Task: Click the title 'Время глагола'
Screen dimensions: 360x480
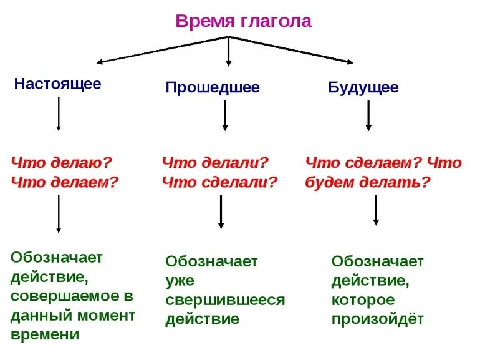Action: point(243,21)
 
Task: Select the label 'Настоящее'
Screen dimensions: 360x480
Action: point(57,84)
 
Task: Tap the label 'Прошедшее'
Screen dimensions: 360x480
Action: point(212,87)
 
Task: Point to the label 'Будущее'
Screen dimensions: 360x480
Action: point(363,87)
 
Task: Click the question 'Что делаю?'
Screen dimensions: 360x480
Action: point(61,163)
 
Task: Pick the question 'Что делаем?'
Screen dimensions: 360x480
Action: point(64,182)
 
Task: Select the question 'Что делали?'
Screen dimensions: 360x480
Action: point(215,163)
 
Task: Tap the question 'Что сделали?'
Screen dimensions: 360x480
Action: point(219,182)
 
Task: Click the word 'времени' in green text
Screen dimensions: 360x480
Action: point(45,334)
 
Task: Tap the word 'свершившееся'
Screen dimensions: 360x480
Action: point(225,300)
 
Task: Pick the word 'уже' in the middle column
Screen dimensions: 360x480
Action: point(180,281)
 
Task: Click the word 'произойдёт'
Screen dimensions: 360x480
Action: point(377,319)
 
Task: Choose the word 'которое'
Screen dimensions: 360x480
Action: point(363,300)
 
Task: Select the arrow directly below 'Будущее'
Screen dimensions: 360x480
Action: point(368,115)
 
